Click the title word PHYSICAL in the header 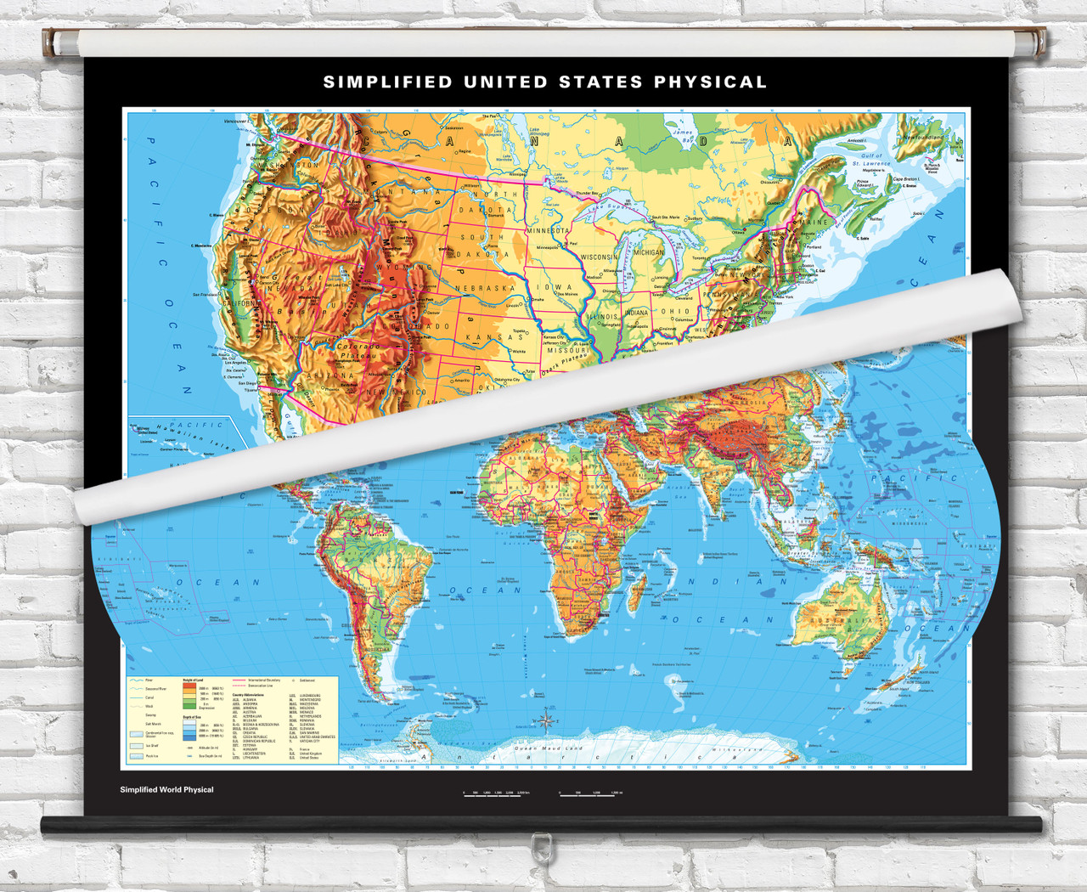[710, 82]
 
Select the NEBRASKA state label [485, 289]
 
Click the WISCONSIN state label [600, 257]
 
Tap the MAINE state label [814, 223]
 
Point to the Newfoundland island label [923, 137]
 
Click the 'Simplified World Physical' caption [166, 790]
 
